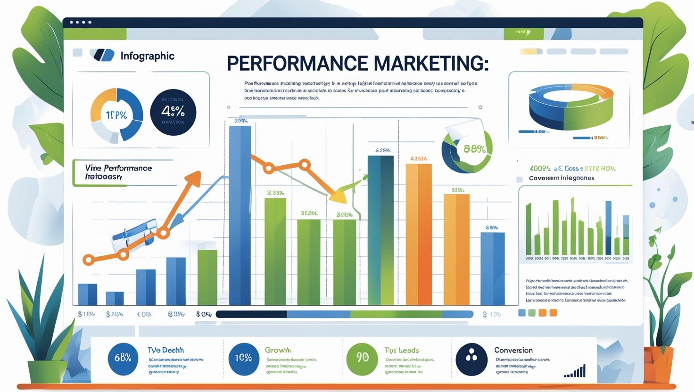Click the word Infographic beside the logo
tap(147, 56)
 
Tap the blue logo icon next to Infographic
tap(104, 56)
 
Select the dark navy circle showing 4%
tap(173, 113)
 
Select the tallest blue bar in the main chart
tap(240, 214)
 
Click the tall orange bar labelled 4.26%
tap(418, 233)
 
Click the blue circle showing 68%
tap(123, 358)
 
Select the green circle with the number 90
tap(362, 358)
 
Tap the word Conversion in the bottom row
tap(513, 350)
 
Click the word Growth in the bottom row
tap(278, 350)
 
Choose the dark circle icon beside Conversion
tap(471, 358)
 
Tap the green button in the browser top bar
tap(523, 33)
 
